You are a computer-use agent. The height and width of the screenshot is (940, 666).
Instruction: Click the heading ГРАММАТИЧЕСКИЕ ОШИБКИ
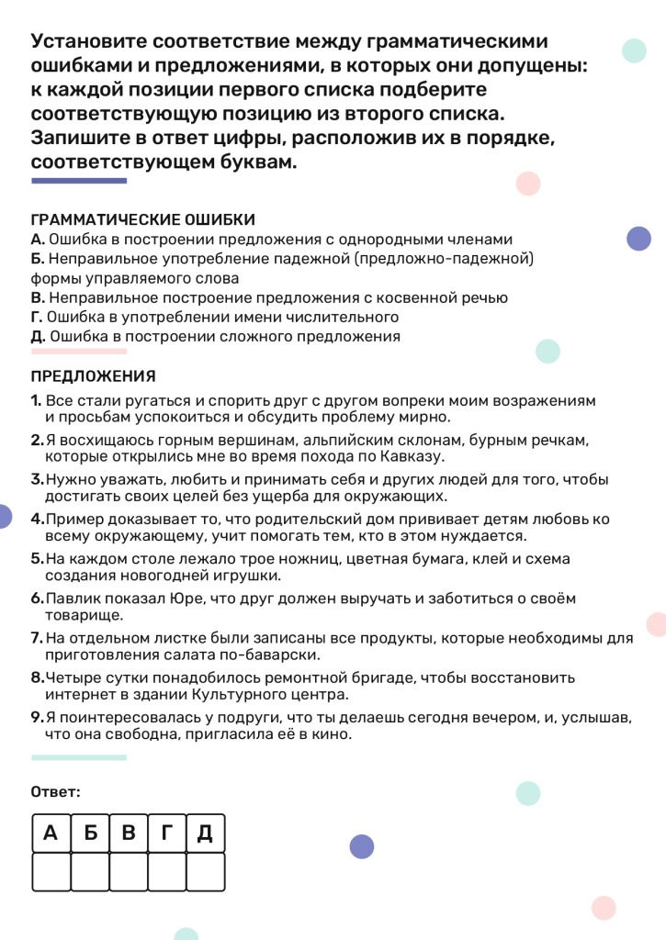click(x=143, y=220)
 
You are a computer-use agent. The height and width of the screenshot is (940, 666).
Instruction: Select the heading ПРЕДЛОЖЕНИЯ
click(x=94, y=376)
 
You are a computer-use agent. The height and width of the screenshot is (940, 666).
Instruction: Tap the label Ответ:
click(x=56, y=791)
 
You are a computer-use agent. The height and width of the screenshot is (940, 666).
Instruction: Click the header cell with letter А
click(x=51, y=834)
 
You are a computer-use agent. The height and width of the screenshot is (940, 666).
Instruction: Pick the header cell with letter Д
click(x=205, y=834)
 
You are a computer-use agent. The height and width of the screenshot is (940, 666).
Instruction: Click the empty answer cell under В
click(x=129, y=871)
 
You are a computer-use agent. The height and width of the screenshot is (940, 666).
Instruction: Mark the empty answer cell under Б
click(x=90, y=871)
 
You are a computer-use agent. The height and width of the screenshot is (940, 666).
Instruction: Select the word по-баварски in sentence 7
click(x=276, y=655)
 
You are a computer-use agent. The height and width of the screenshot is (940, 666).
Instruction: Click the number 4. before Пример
click(x=37, y=520)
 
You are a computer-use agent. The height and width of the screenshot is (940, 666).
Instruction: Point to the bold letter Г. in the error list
click(x=38, y=317)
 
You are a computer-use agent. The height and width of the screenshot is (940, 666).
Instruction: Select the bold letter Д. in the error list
click(x=39, y=336)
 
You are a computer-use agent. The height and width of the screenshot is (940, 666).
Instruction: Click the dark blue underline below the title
click(x=79, y=181)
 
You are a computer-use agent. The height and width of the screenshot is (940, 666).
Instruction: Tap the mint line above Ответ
click(x=79, y=757)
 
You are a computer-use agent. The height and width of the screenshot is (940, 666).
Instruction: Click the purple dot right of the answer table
click(x=362, y=846)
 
